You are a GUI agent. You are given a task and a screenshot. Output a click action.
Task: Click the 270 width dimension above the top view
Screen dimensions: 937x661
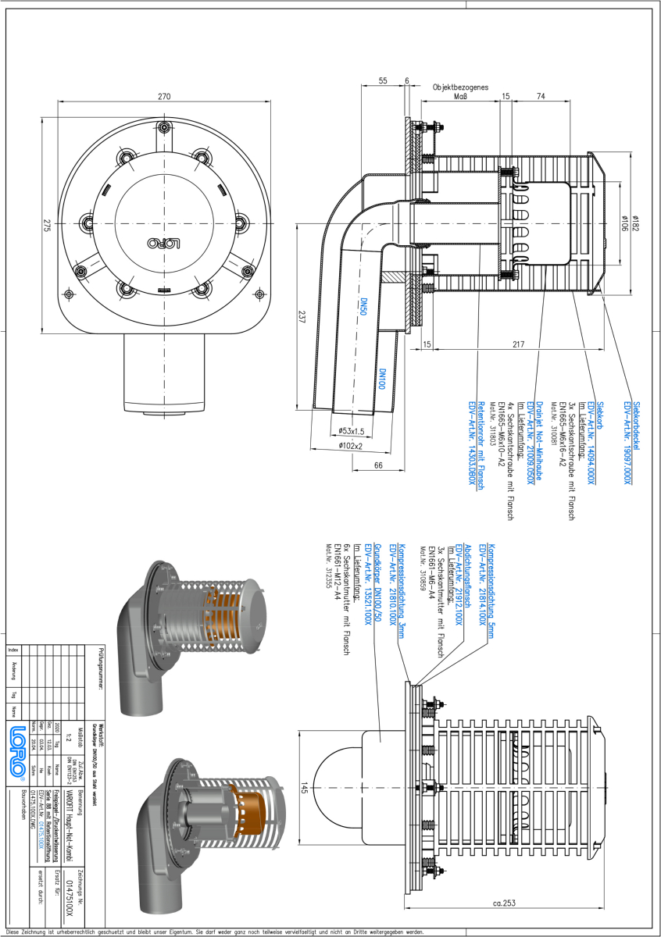pyautogui.click(x=164, y=97)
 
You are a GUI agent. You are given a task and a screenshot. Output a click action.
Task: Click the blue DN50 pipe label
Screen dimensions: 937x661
pyautogui.click(x=363, y=307)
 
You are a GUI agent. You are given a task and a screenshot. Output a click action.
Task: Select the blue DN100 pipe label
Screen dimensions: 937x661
pyautogui.click(x=383, y=382)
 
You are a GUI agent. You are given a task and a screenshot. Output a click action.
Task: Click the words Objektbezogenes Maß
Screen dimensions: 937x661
pyautogui.click(x=461, y=92)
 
